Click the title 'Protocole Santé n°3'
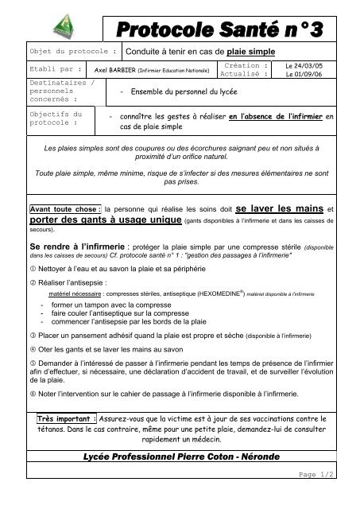tap(227, 29)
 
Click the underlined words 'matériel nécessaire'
tap(69, 294)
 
